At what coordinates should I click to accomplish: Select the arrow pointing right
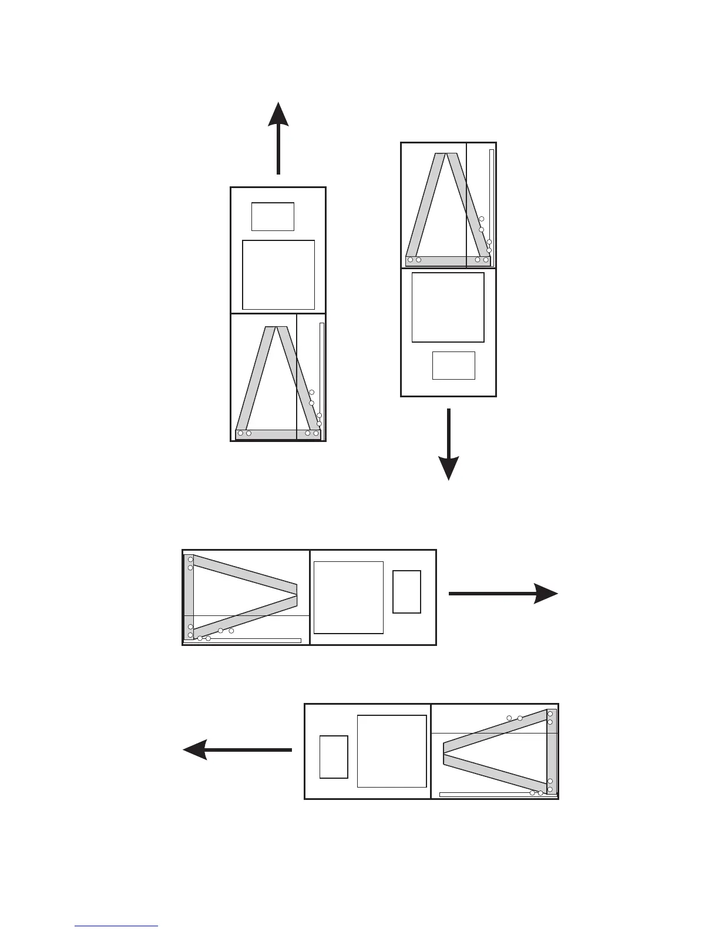coord(502,594)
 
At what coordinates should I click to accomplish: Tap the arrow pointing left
coord(237,750)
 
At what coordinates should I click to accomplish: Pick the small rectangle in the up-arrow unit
coord(273,216)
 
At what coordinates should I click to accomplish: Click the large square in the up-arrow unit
coord(278,274)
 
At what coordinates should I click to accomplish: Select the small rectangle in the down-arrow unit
coord(453,365)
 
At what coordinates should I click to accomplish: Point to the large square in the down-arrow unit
coord(448,307)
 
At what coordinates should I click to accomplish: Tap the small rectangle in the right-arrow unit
coord(406,591)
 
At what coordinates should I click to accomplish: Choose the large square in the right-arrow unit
coord(348,597)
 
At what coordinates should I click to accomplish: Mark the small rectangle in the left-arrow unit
coord(334,756)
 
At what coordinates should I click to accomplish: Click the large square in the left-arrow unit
coord(392,751)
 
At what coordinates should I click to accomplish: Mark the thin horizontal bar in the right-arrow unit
coord(243,640)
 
